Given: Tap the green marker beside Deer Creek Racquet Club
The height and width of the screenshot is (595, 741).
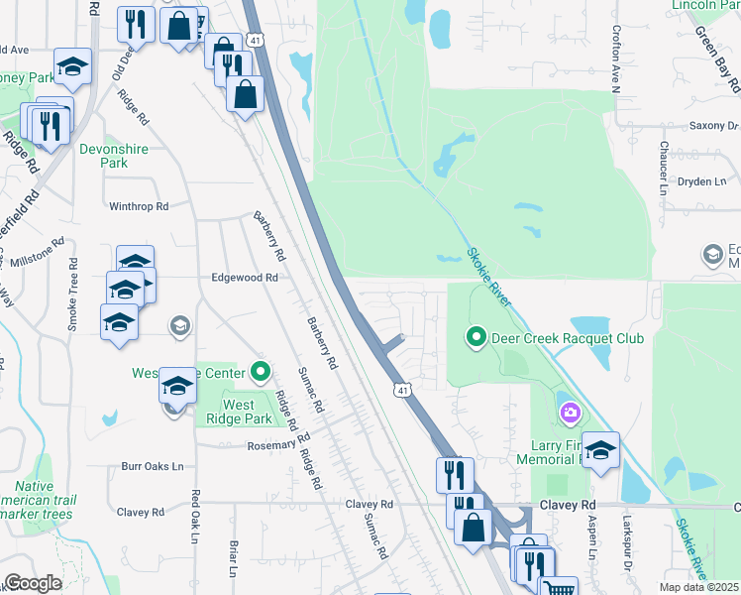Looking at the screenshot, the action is [476, 338].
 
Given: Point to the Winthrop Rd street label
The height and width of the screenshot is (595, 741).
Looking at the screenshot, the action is [139, 206].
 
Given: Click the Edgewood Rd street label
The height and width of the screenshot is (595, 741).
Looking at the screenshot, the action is [244, 279].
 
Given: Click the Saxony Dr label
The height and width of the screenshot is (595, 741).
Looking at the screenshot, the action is [718, 126].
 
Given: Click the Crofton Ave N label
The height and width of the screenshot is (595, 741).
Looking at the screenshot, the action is [615, 59].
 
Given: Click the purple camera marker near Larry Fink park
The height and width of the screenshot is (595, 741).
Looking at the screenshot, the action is [570, 412].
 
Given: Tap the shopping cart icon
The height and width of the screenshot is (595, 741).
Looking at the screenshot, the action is [560, 588].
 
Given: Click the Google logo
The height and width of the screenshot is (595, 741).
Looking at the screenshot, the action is [32, 583].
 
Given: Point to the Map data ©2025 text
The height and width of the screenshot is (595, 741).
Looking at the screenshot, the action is [699, 587].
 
